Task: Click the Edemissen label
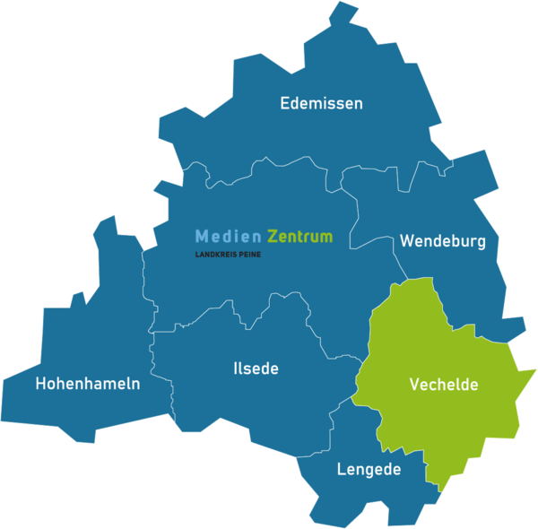point(321,103)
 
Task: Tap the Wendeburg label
point(443,241)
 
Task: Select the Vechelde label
point(444,385)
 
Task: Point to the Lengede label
point(369,469)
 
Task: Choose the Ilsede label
point(256,369)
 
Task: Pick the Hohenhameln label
point(88,384)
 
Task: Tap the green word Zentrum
point(299,237)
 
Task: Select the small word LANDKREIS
point(213,255)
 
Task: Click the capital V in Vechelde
point(415,385)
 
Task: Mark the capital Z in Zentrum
point(273,237)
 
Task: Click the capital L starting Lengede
point(341,469)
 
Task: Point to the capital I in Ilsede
point(235,369)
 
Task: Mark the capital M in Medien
point(202,237)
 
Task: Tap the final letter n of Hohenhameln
point(135,384)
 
